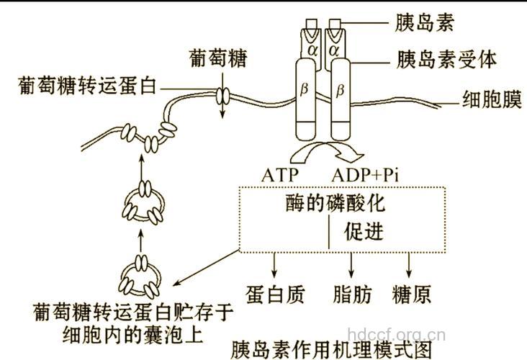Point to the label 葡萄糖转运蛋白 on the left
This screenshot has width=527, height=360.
[79, 86]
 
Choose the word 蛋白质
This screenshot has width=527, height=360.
[275, 294]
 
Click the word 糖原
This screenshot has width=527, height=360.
[412, 294]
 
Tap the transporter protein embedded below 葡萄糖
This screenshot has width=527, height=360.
[223, 95]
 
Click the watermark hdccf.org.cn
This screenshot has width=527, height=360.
[396, 334]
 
